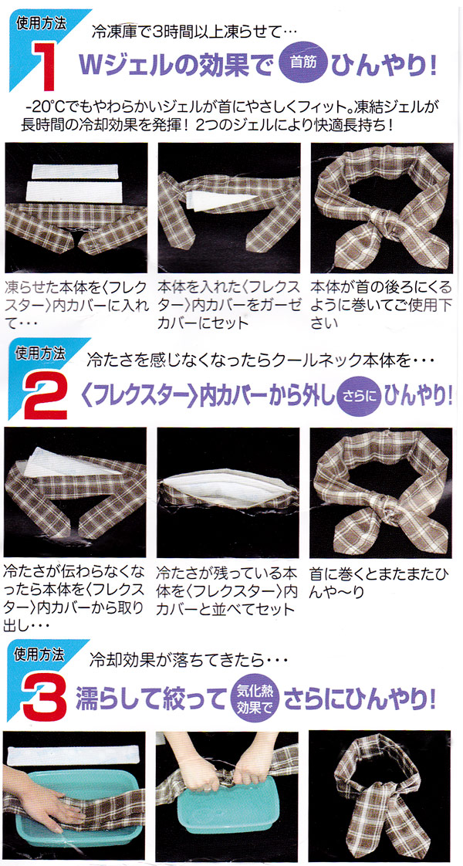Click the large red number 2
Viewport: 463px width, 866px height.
pos(46,395)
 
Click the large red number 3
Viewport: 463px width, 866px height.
pos(46,698)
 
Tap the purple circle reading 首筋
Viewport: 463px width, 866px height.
pos(303,62)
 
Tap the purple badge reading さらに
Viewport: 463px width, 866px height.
pos(357,395)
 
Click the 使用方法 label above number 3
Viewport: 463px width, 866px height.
pos(39,655)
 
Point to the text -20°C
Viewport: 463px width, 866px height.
pos(46,107)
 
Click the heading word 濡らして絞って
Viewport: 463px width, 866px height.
pos(150,698)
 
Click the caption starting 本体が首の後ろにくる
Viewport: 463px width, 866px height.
pos(380,305)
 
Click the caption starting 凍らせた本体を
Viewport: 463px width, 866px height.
pos(75,305)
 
